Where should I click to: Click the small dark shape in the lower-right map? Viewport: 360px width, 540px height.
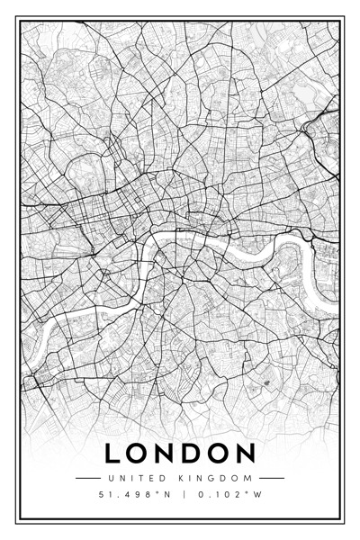265,383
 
